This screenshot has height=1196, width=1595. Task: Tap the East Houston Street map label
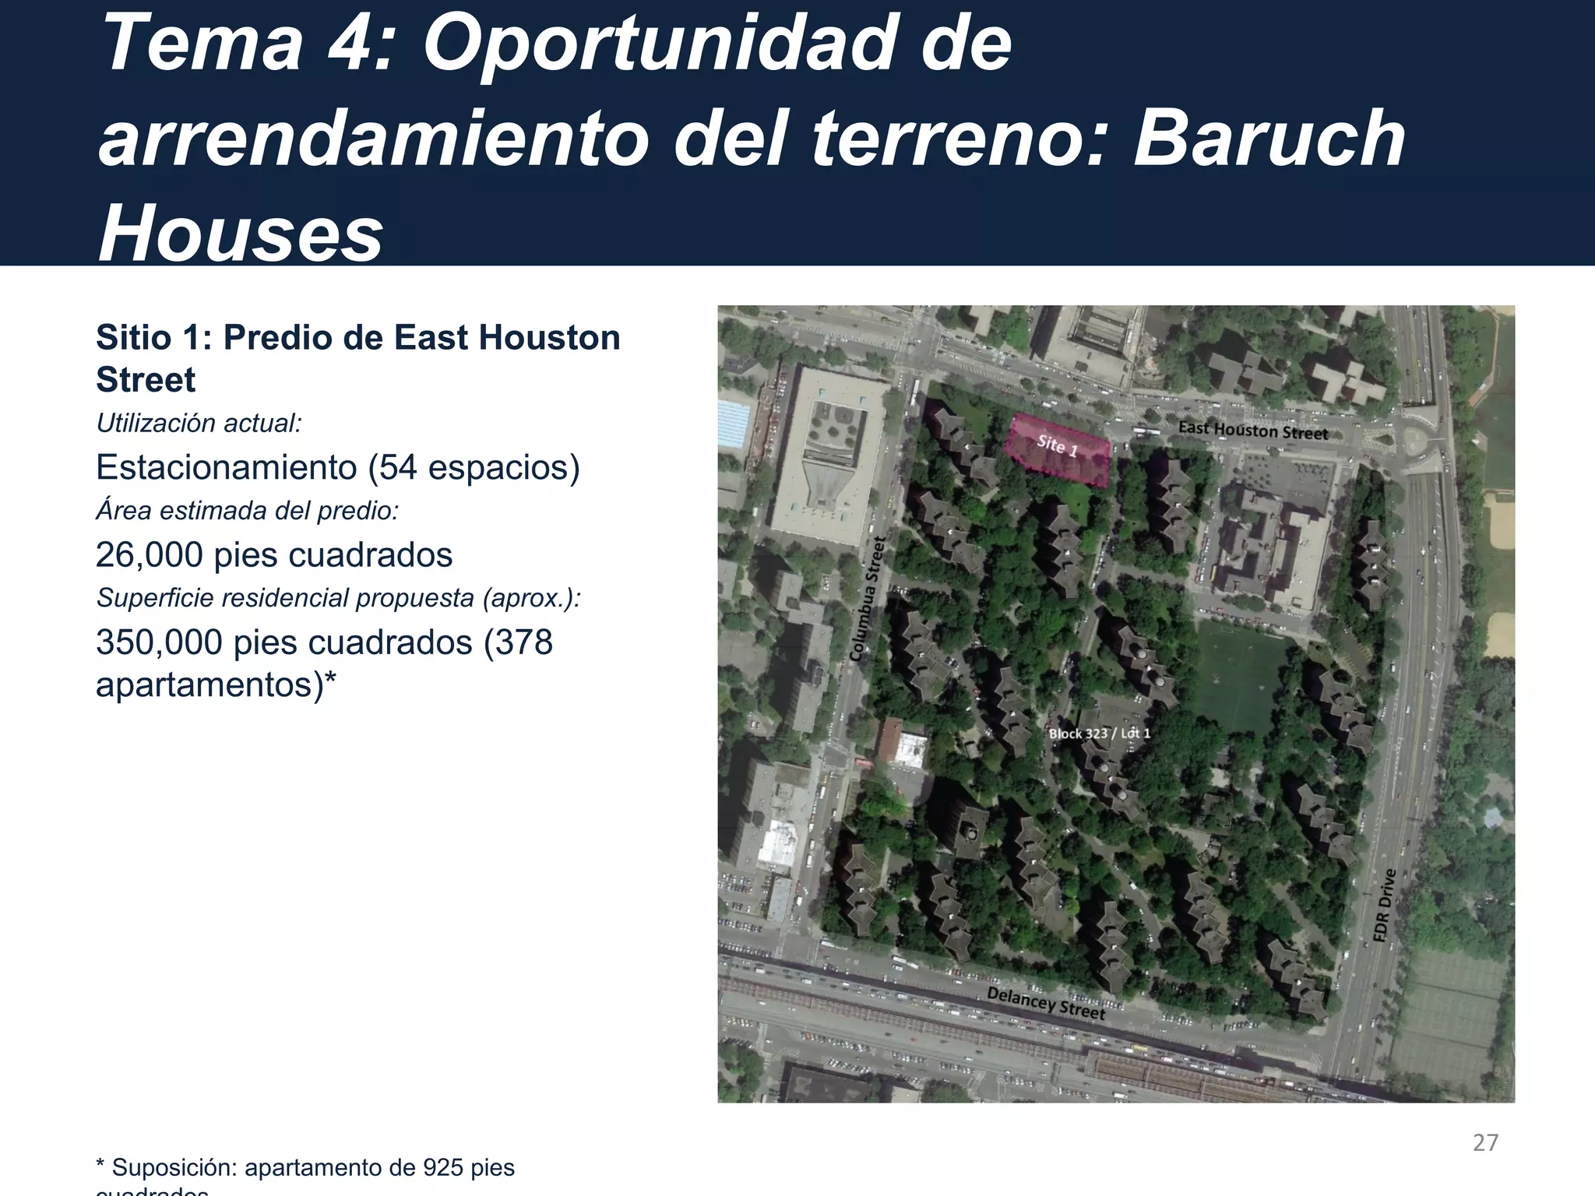(x=1252, y=431)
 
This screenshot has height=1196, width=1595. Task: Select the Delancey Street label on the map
(x=1045, y=1003)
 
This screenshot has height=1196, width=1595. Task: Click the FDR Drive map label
(x=1383, y=906)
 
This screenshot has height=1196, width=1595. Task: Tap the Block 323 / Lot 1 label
(x=1099, y=733)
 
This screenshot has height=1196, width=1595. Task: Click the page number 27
(x=1485, y=1142)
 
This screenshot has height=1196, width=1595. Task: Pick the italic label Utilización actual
(x=199, y=424)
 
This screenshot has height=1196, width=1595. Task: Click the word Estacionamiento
(x=227, y=467)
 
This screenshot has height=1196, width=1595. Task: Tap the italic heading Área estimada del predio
(x=247, y=511)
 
